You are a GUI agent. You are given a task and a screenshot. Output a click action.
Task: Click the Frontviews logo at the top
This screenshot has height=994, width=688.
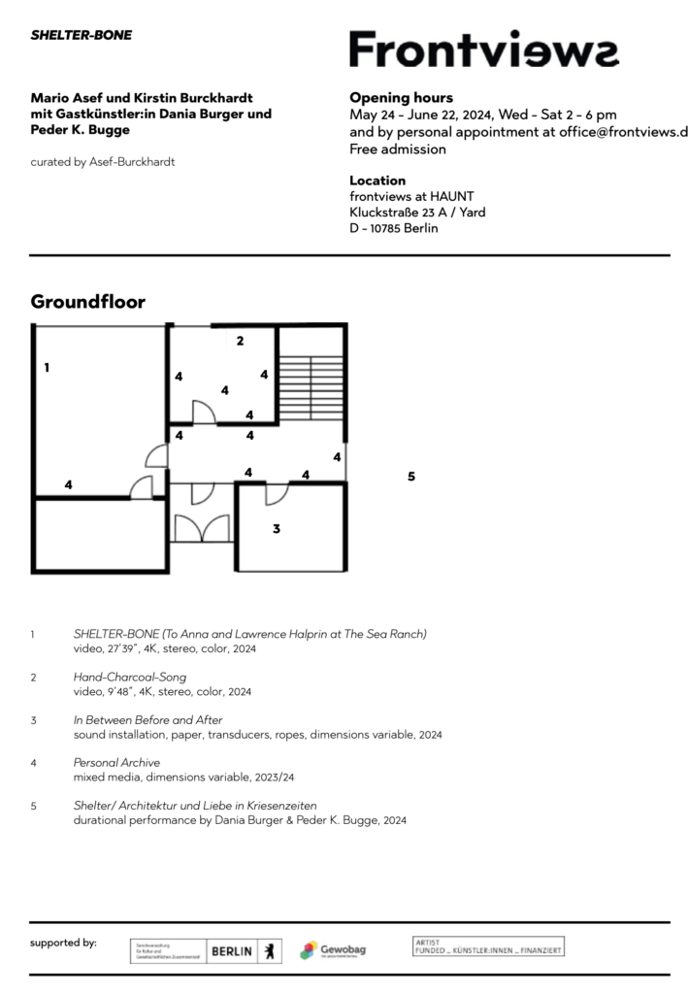pos(483,50)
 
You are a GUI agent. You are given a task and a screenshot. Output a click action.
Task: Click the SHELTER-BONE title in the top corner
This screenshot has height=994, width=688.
pos(82,35)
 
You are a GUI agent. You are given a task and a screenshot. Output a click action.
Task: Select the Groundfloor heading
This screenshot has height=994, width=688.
pos(88,302)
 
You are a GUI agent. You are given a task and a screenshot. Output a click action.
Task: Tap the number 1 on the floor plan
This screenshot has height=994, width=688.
pos(47,368)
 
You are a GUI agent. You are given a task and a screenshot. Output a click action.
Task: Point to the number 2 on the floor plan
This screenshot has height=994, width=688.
pos(240,341)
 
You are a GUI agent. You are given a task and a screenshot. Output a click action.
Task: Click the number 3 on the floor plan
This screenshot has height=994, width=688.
pos(277,529)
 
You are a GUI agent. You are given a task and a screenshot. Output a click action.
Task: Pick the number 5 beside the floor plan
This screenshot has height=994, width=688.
pos(411,477)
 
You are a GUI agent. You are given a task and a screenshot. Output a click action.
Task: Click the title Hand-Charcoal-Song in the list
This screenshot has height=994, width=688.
pos(129,677)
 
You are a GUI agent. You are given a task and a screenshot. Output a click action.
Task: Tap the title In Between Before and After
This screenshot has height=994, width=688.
pos(147,719)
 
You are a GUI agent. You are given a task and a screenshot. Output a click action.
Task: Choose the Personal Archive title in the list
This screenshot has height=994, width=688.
pos(116,762)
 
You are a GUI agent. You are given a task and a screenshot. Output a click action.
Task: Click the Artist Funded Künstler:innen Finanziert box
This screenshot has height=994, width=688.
pos(488,945)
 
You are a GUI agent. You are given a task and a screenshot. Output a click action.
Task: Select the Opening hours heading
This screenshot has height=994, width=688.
pos(401,98)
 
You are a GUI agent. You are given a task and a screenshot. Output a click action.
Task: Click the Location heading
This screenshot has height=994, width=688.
pos(377,181)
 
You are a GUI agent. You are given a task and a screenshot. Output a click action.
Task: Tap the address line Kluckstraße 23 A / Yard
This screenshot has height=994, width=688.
pos(417,213)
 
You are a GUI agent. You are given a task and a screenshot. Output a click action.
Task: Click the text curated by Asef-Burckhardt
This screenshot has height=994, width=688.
pos(102,161)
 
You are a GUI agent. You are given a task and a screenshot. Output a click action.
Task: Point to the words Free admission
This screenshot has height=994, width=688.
pos(398,149)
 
